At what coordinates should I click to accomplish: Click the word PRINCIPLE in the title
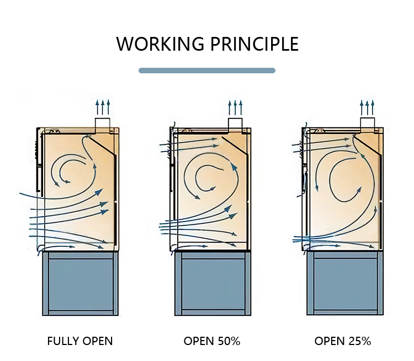tap(251, 44)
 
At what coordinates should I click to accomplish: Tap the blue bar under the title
tap(207, 71)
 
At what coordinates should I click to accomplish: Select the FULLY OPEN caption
tap(80, 341)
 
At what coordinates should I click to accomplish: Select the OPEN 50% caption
tap(212, 341)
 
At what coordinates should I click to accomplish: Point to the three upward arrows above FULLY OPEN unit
tap(103, 106)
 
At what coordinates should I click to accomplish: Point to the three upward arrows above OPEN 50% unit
tap(235, 106)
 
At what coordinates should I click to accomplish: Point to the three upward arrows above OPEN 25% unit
tap(368, 106)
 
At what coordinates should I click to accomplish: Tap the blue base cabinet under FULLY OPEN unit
tap(80, 283)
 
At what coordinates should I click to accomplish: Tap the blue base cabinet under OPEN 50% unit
tap(213, 283)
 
